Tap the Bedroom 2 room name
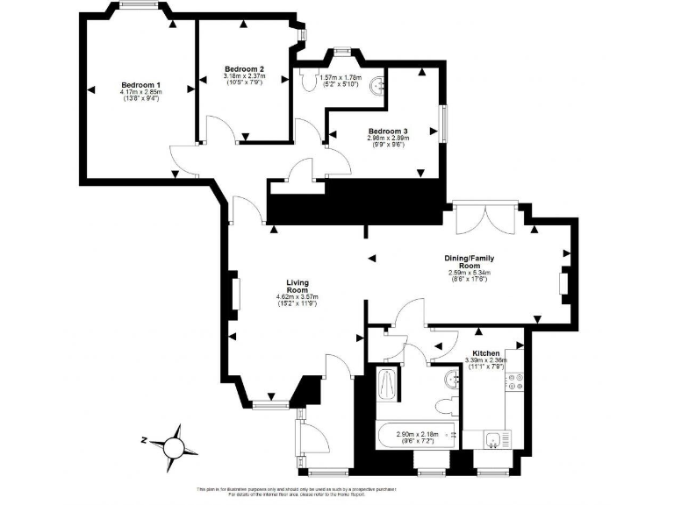click(244, 68)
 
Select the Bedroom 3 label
click(387, 131)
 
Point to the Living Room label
click(298, 287)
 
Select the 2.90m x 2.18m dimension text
click(416, 433)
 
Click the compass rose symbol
click(174, 445)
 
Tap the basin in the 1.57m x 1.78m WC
click(378, 85)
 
